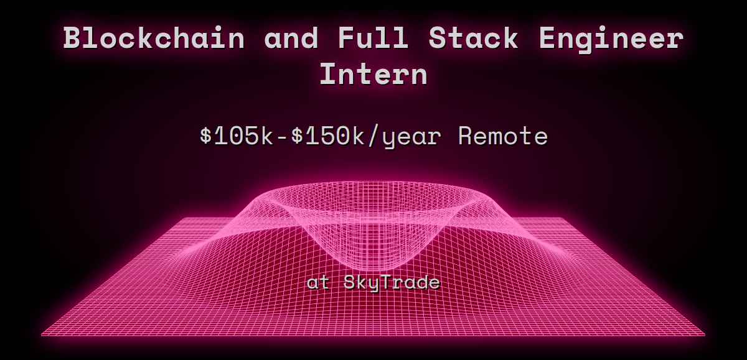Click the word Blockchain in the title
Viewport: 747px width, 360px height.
pos(153,39)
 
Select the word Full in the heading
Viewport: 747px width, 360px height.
pos(374,39)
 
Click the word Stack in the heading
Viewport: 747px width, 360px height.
pos(473,39)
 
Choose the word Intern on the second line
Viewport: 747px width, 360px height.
pos(374,75)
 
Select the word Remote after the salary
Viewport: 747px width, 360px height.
pos(502,136)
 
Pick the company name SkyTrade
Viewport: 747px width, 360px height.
pos(392,283)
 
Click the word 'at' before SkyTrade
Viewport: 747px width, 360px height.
pos(318,283)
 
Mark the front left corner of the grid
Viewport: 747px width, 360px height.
pos(42,335)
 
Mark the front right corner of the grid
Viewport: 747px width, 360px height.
pos(705,335)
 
